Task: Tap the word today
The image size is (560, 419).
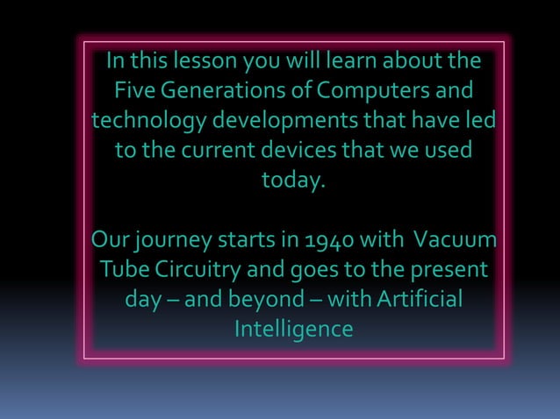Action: [293, 181]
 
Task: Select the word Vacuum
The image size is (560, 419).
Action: [454, 239]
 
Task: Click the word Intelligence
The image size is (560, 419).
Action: [293, 329]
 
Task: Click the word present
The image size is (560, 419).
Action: [446, 270]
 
